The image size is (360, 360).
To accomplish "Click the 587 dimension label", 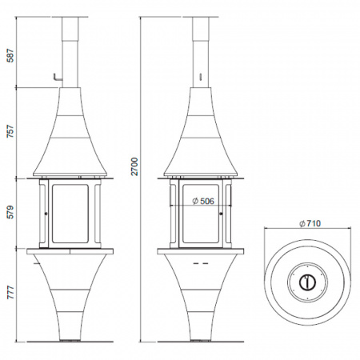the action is (x=10, y=56).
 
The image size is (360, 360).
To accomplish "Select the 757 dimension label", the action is (x=10, y=131).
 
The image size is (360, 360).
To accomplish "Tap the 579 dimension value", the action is (x=10, y=212).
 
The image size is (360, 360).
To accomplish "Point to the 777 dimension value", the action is (x=10, y=292).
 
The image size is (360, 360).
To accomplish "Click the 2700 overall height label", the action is (x=135, y=166).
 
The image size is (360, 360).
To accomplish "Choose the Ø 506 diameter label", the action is (x=203, y=201).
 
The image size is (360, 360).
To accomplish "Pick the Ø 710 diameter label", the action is (x=310, y=223).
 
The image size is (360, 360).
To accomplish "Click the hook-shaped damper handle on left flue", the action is (x=58, y=78).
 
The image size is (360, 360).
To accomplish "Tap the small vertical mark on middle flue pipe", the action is (x=200, y=77).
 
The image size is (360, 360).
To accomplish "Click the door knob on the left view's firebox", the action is (x=46, y=214).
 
